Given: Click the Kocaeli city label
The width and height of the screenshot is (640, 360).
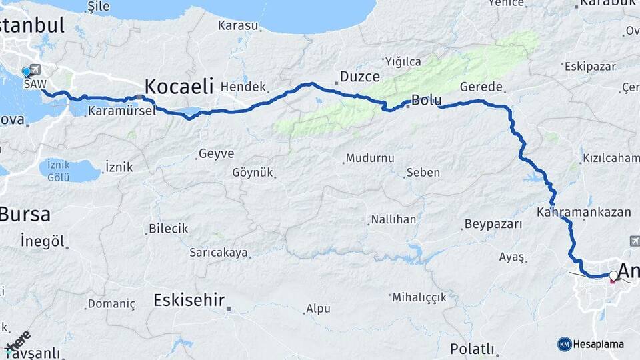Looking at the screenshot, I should (179, 86).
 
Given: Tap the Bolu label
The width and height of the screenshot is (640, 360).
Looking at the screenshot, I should (426, 101).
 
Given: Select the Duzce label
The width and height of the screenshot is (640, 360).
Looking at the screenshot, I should (360, 76).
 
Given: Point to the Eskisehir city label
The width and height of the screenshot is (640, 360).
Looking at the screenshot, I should (189, 300).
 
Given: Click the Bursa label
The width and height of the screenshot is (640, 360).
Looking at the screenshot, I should (25, 214).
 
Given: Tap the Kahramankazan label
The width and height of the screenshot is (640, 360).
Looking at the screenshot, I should (583, 212).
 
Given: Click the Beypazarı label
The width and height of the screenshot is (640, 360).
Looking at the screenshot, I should (493, 224).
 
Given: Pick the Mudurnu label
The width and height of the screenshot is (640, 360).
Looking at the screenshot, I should (370, 159).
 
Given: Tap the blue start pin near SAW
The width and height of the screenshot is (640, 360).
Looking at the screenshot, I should (26, 71).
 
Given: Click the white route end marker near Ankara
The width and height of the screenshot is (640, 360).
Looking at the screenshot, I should (613, 275).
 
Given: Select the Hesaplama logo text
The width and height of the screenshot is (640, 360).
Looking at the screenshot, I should (599, 344).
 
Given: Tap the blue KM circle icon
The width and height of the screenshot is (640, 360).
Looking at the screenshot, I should (565, 344).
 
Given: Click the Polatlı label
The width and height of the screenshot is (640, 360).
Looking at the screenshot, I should (472, 349).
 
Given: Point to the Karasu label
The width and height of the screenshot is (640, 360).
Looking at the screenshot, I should (237, 26).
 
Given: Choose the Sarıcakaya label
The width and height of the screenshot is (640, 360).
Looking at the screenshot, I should (219, 253).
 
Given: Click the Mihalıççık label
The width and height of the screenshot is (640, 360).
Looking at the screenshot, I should (419, 297).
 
